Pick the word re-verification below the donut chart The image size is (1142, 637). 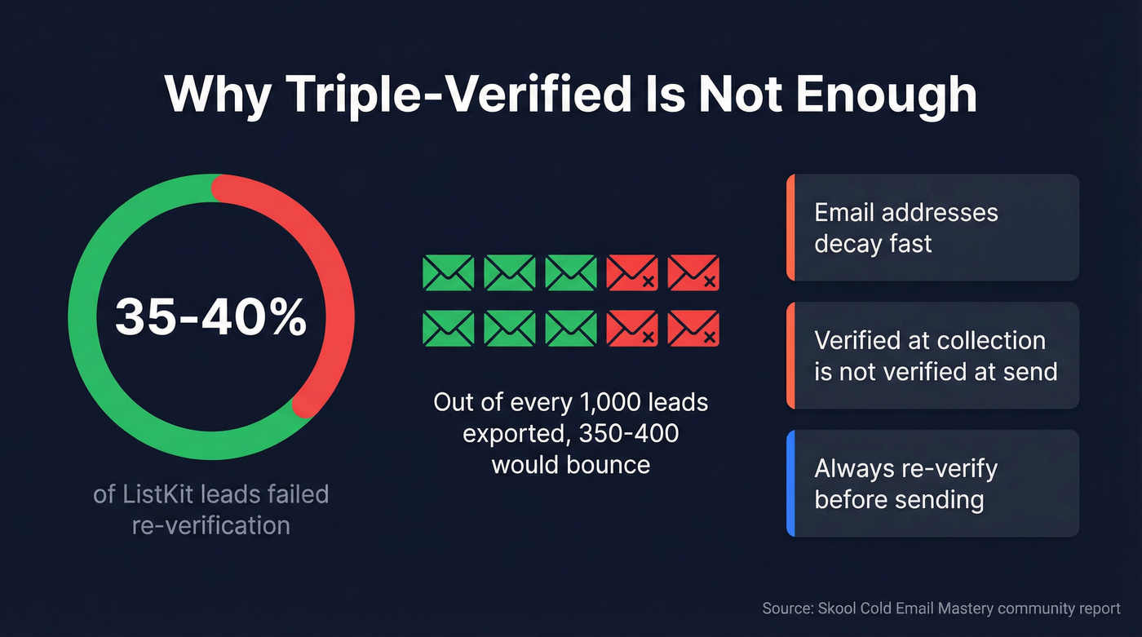click(210, 524)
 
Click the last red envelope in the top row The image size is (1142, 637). click(693, 272)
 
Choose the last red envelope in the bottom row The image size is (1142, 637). click(693, 328)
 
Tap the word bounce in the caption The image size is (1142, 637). click(611, 464)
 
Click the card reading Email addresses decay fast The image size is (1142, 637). click(932, 228)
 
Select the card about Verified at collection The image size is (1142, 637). click(932, 356)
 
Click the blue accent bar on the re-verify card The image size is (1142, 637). click(790, 484)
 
